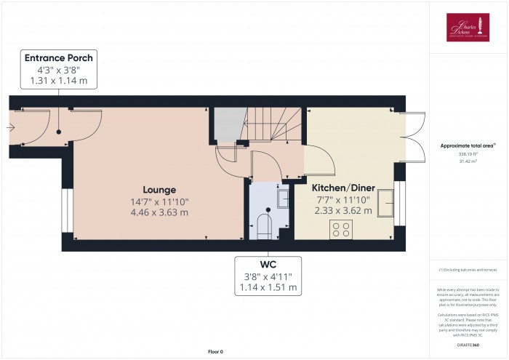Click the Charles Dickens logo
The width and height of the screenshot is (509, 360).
469,28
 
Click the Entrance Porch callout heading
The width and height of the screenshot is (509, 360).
59,58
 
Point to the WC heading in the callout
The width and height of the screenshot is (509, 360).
268,263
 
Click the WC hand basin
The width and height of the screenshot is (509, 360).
284,198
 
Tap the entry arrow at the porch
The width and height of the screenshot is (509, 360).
9,128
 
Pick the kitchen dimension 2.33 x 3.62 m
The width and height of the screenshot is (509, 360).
342,210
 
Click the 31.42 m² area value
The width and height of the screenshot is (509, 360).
468,161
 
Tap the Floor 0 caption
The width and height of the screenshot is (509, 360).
215,351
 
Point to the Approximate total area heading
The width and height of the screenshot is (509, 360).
468,145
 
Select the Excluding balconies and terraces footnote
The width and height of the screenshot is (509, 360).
468,271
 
